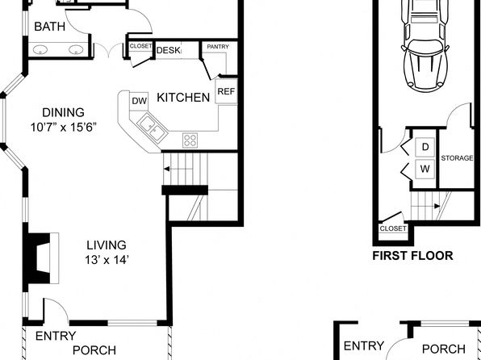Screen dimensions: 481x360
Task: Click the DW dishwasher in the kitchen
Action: (139, 101)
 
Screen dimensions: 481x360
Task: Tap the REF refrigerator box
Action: (226, 91)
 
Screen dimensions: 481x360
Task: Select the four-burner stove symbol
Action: (190, 140)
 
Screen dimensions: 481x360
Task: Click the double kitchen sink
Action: (153, 128)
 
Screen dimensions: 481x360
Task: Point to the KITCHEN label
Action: (183, 98)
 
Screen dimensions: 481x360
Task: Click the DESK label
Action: (168, 50)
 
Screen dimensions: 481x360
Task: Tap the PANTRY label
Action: (218, 47)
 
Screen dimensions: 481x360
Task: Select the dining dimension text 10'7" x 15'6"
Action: (64, 127)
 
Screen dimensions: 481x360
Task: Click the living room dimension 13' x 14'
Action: (107, 260)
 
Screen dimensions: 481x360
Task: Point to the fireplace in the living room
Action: (41, 258)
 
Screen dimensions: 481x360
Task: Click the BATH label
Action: (49, 27)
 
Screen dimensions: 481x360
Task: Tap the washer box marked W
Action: (425, 169)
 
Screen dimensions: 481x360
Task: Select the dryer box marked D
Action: (425, 148)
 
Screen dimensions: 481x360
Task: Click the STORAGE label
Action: (457, 158)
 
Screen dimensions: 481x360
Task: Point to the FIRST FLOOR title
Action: (412, 256)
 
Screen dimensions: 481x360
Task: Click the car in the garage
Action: (425, 45)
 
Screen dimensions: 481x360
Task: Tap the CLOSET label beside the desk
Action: (140, 46)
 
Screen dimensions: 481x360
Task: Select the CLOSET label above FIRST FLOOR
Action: (393, 228)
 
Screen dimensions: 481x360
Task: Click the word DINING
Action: (63, 113)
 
